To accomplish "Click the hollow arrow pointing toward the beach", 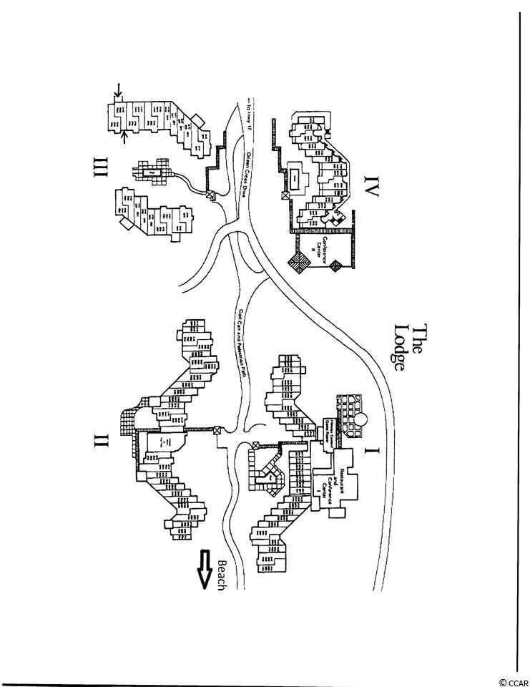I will click(x=207, y=569).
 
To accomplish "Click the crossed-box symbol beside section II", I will click(x=217, y=431).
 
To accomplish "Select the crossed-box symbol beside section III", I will click(x=210, y=195).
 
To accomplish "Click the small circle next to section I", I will click(x=364, y=416).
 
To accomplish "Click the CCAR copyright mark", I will click(x=512, y=682).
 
